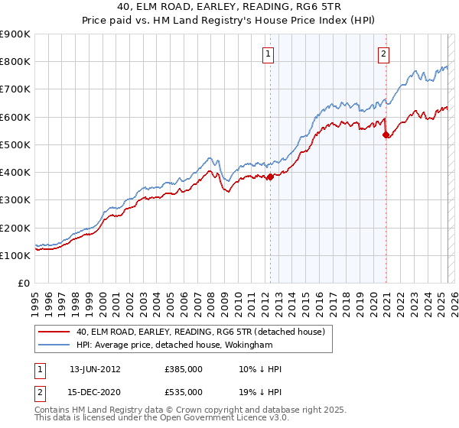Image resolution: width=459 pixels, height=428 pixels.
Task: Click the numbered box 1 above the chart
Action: (x=269, y=53)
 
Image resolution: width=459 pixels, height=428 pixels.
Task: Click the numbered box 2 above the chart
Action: (x=383, y=53)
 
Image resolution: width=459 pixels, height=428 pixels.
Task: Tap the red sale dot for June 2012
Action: (x=270, y=177)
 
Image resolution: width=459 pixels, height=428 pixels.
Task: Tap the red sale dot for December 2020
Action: (x=385, y=135)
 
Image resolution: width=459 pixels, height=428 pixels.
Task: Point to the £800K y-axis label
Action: (x=15, y=62)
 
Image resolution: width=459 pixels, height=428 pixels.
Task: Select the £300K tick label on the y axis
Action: (x=15, y=200)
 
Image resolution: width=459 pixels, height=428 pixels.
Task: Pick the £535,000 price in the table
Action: (x=184, y=392)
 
